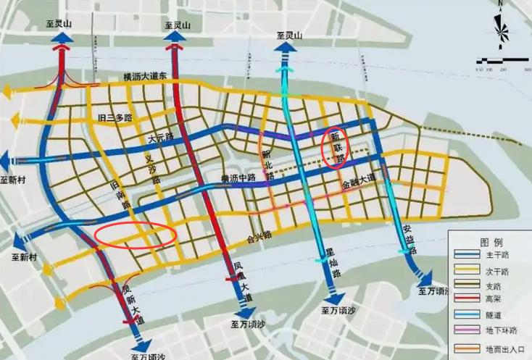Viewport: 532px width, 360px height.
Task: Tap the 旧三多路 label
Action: point(115,117)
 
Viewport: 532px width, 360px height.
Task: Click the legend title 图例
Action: point(490,241)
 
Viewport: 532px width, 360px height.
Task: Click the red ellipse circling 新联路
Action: point(335,148)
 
